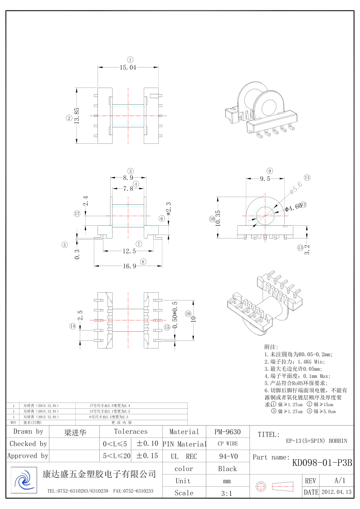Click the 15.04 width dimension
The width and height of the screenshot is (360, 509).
(128, 68)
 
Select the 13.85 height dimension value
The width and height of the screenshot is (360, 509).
(77, 116)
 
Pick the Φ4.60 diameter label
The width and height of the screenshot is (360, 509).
(293, 207)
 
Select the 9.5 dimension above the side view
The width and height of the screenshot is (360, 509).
(265, 179)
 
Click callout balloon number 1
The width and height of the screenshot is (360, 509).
(130, 59)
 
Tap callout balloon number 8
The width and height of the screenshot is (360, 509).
(143, 261)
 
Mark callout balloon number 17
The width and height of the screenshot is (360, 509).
(77, 213)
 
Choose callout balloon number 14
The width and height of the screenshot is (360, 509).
(72, 326)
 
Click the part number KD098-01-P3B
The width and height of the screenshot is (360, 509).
(322, 463)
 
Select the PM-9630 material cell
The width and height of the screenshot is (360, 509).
(228, 432)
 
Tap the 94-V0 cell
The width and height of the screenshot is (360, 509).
(228, 456)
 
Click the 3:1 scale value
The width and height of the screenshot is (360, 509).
(228, 493)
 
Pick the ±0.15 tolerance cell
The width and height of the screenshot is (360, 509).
(147, 456)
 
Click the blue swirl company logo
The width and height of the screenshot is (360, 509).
(22, 478)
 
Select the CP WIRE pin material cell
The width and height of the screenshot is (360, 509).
(228, 444)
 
